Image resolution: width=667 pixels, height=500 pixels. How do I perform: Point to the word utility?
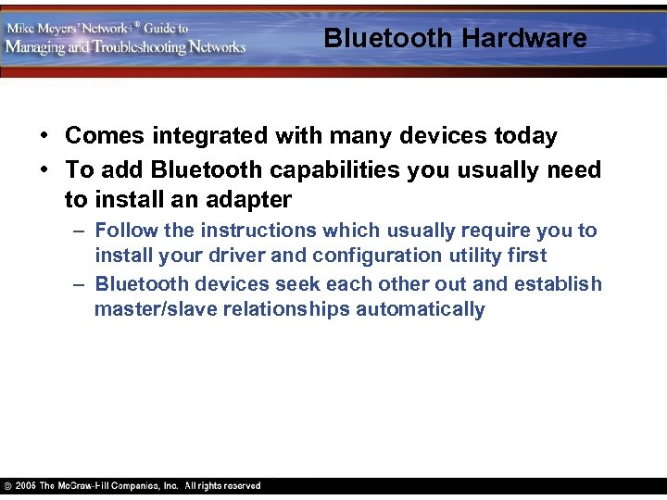488,256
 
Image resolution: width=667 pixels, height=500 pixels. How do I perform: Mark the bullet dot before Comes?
44,137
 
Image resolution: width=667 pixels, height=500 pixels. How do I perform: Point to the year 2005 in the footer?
25,486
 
